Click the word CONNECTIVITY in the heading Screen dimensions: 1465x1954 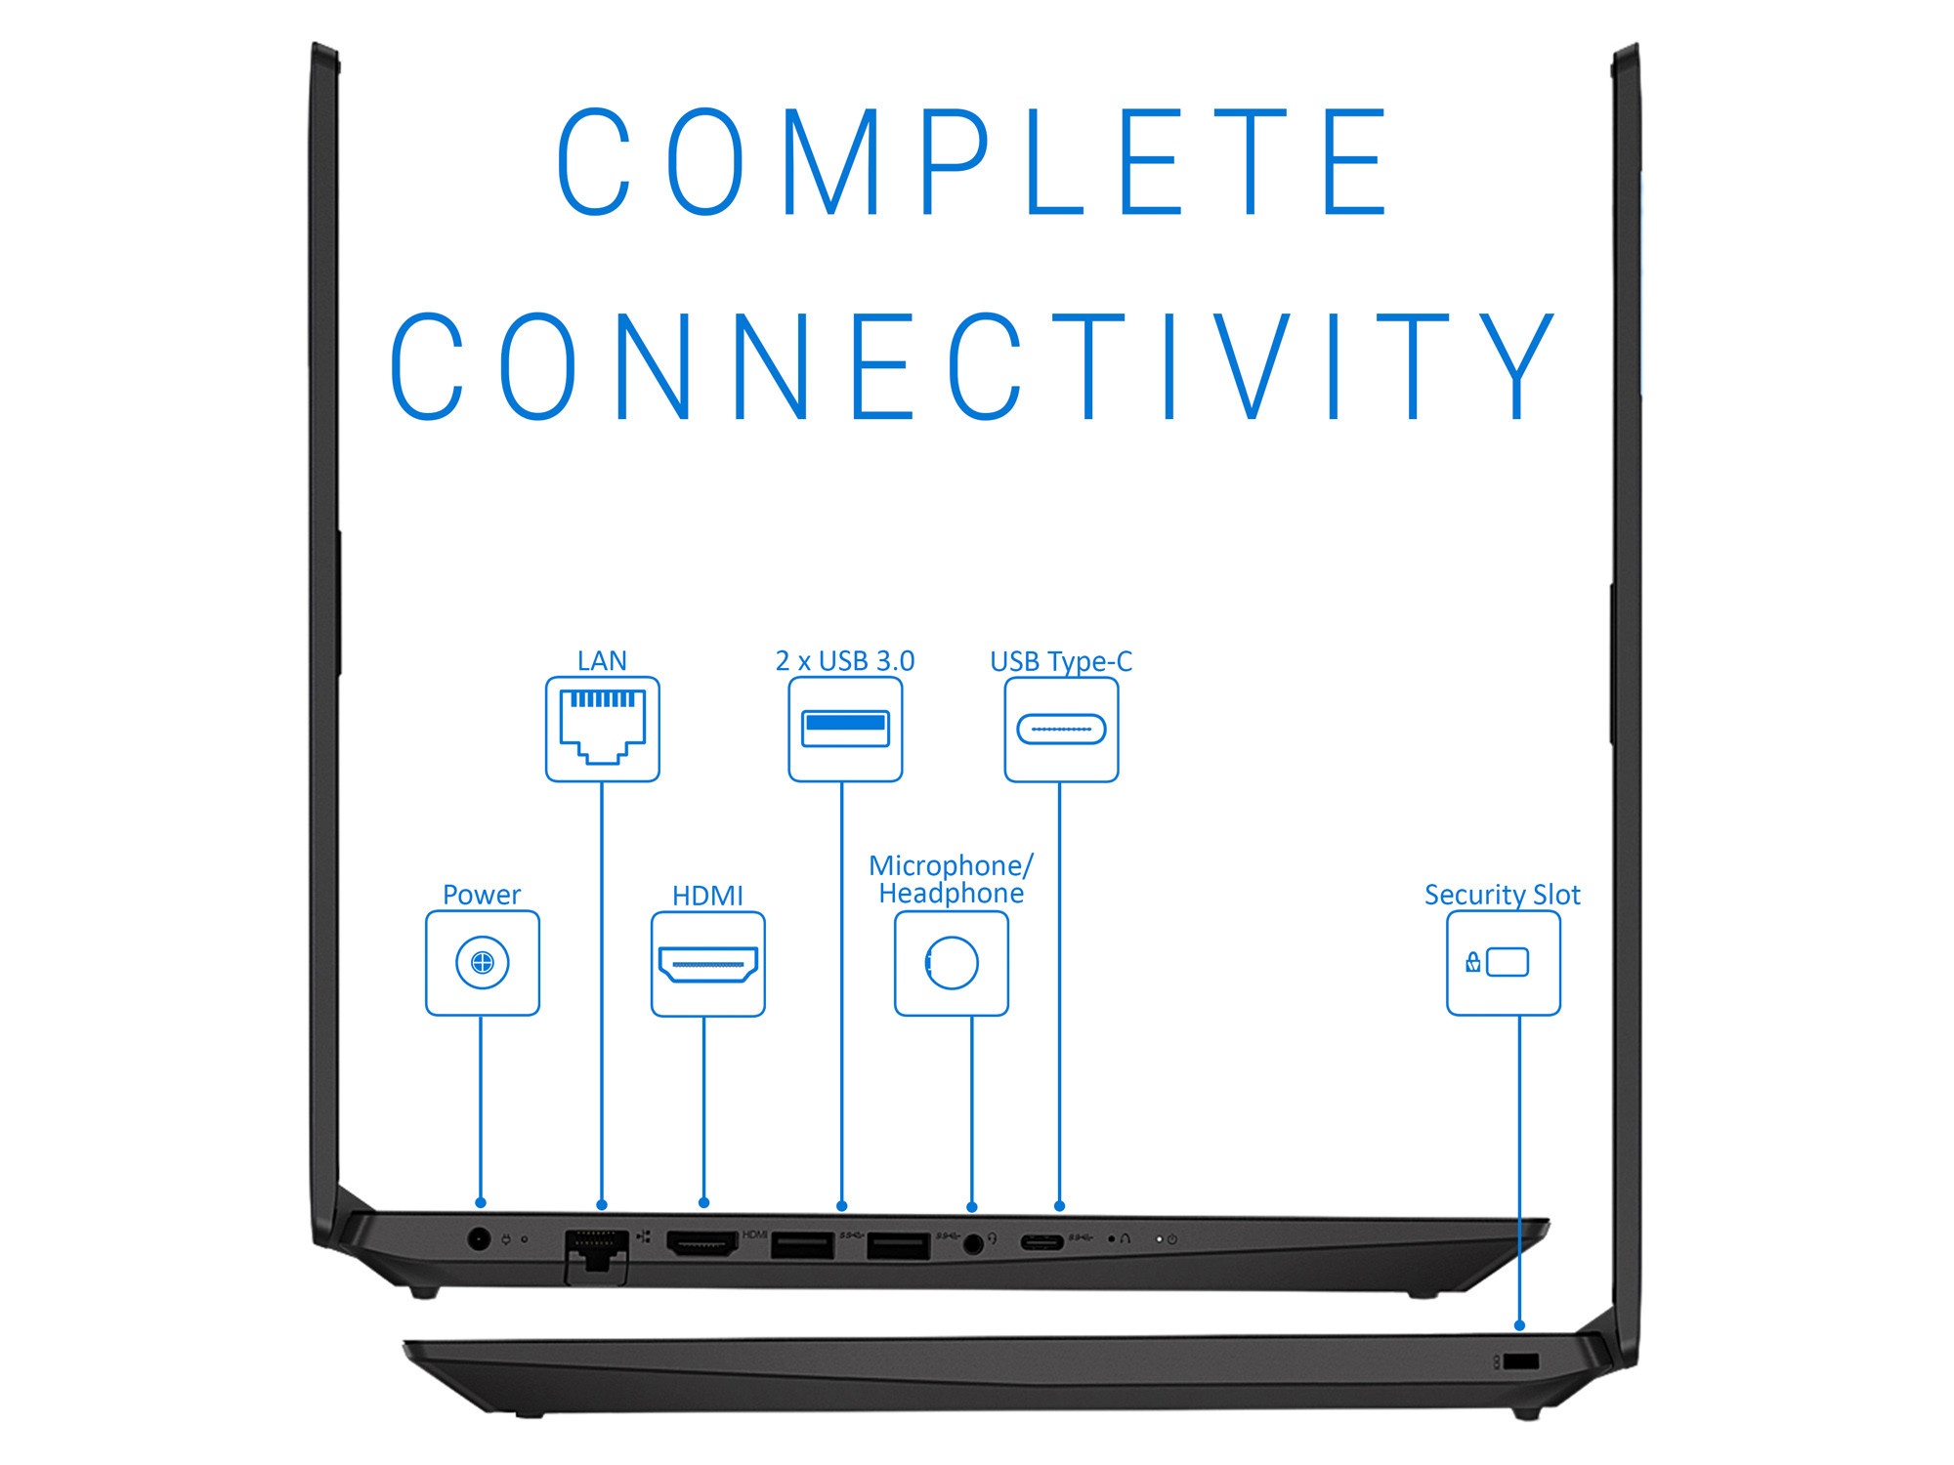[x=972, y=367]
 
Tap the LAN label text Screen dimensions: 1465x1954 [x=602, y=661]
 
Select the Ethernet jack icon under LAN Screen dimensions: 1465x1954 [x=602, y=729]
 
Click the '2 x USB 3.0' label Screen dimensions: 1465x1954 [x=844, y=661]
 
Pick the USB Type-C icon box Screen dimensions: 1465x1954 [x=1061, y=730]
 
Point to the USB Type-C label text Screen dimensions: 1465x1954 [x=1061, y=661]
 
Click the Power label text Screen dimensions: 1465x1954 [x=482, y=895]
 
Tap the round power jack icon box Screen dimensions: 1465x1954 [x=483, y=963]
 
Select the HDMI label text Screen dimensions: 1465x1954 [x=707, y=896]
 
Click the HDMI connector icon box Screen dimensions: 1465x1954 [x=708, y=964]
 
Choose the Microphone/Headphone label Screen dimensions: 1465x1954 [x=951, y=879]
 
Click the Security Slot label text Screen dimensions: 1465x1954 [x=1502, y=895]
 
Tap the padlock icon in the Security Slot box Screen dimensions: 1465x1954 [x=1473, y=963]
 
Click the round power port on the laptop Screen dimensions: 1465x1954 [x=479, y=1240]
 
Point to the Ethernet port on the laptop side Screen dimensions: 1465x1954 [x=596, y=1250]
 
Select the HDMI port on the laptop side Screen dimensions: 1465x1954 [x=701, y=1243]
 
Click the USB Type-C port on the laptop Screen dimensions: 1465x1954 [x=1041, y=1242]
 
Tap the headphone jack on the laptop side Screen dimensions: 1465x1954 [x=973, y=1243]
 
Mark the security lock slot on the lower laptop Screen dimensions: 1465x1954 [x=1521, y=1361]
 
